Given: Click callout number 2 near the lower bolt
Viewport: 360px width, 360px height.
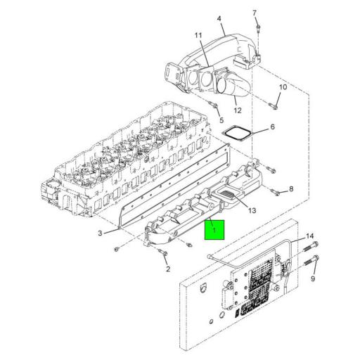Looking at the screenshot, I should tap(167, 269).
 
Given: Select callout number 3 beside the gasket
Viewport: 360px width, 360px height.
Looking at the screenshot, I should tap(101, 233).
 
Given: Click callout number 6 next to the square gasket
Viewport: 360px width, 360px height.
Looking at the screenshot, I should tap(272, 128).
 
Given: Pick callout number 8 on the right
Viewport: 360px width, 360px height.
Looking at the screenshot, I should tap(291, 189).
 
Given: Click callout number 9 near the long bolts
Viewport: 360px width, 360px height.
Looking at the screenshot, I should tap(312, 279).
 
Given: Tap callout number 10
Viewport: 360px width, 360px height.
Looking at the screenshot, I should tap(283, 87).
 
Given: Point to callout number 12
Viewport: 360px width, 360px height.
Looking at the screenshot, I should tap(238, 110).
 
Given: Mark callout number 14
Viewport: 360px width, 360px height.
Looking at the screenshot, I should tap(310, 236).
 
